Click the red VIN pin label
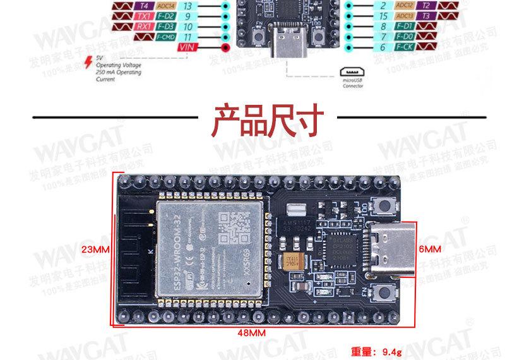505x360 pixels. pyautogui.click(x=187, y=47)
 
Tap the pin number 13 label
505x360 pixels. pyautogui.click(x=187, y=6)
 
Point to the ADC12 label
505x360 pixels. pyautogui.click(x=405, y=5)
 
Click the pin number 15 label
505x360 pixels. pyautogui.click(x=383, y=16)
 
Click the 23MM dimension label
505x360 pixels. pyautogui.click(x=96, y=249)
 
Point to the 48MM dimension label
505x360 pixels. pyautogui.click(x=251, y=333)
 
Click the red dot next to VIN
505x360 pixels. pyautogui.click(x=225, y=47)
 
